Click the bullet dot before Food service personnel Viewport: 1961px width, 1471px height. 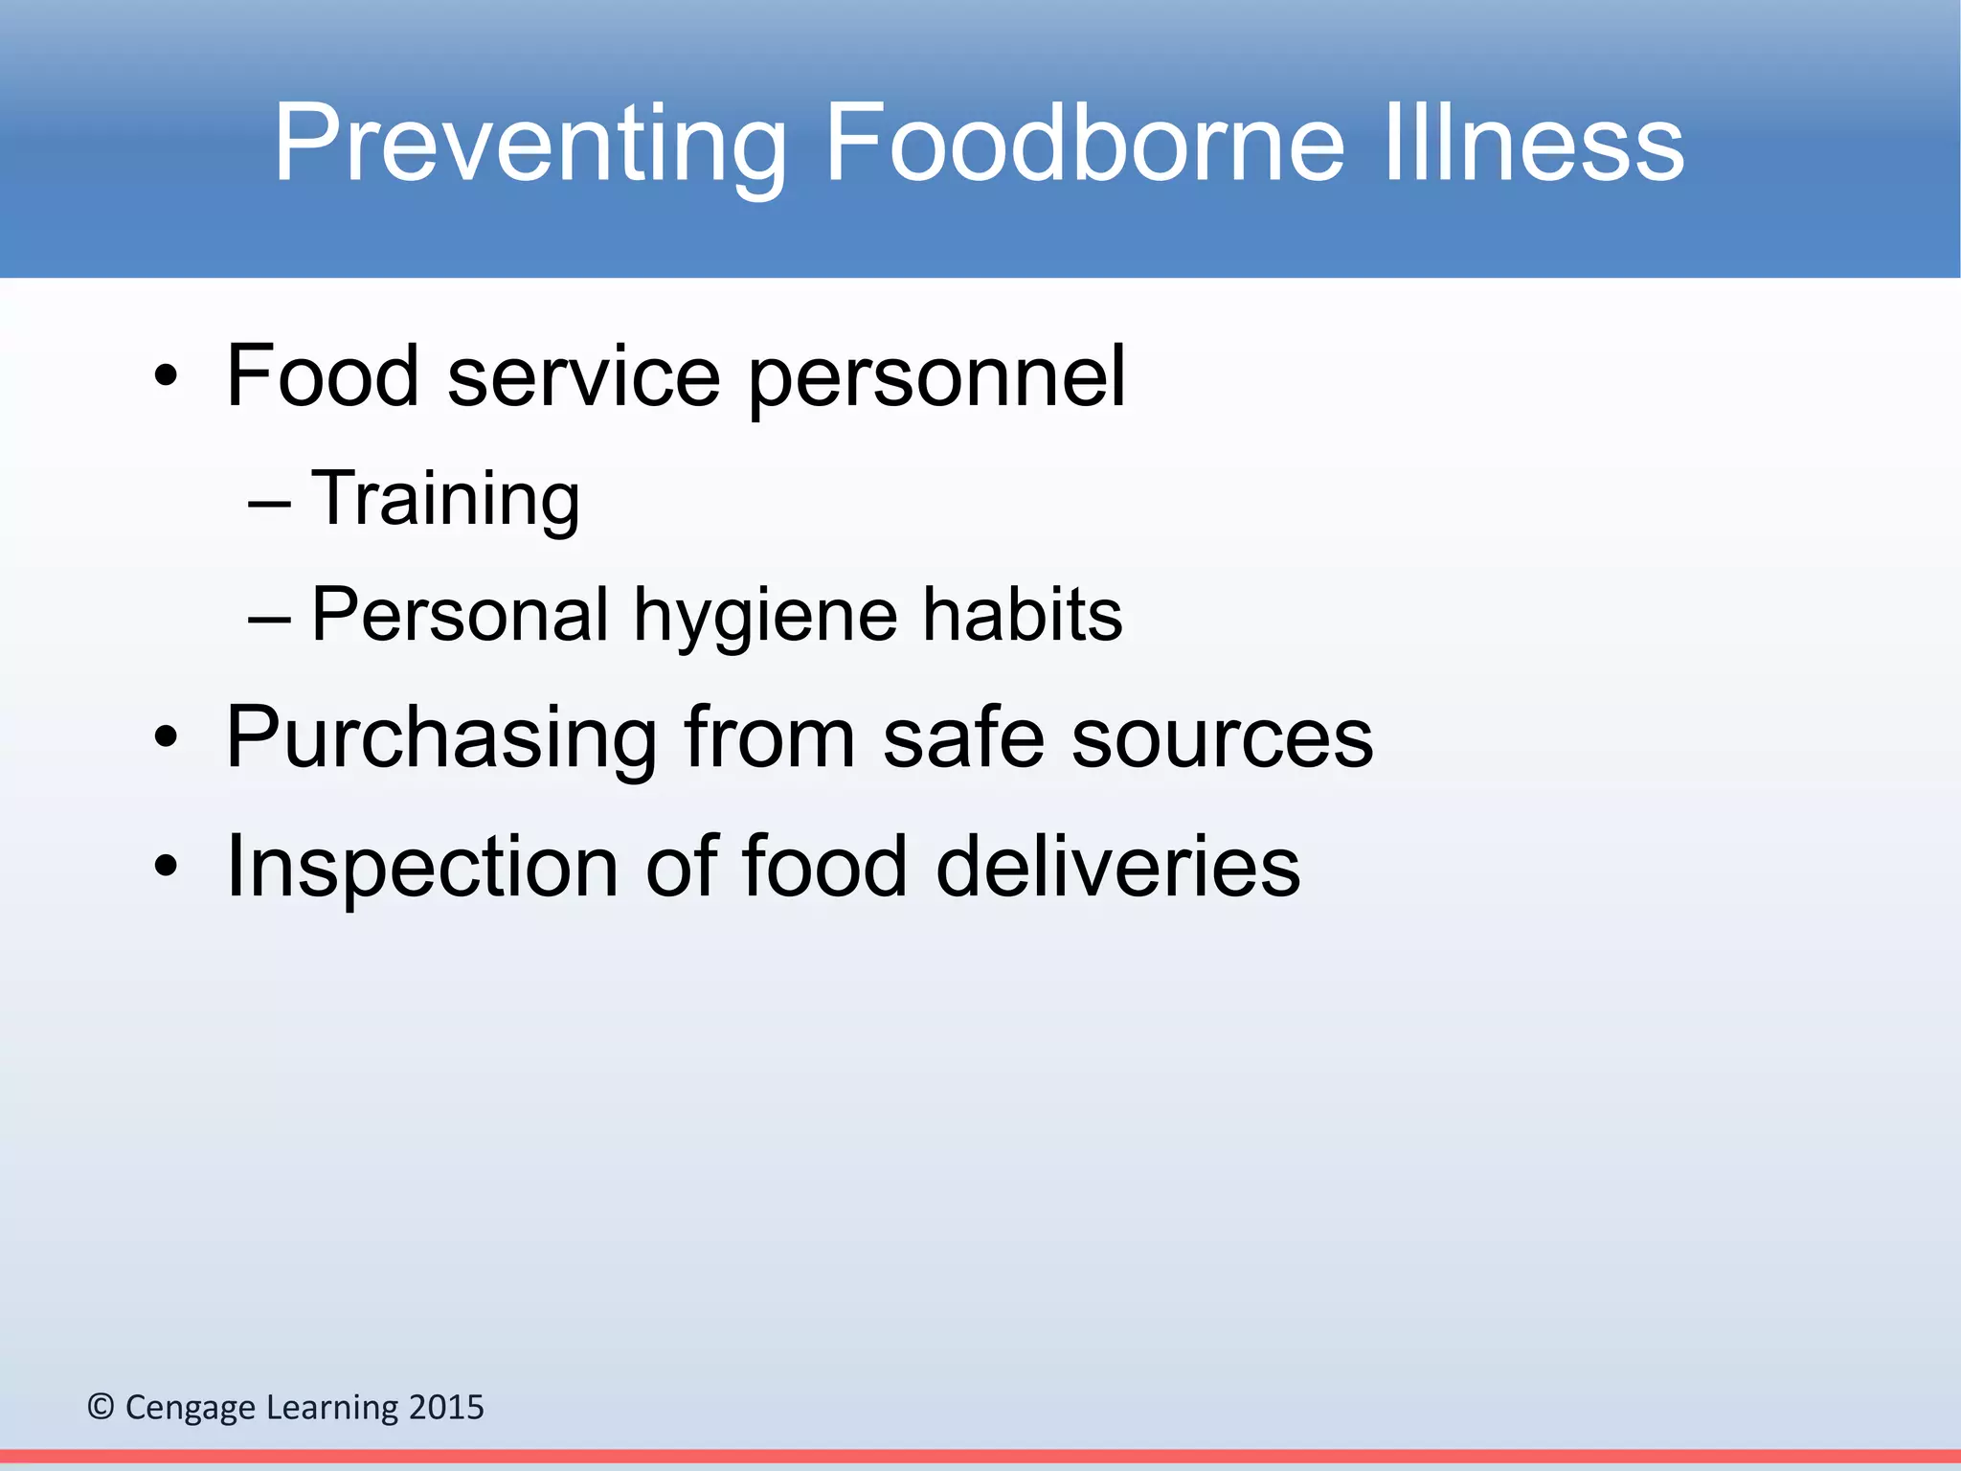(166, 378)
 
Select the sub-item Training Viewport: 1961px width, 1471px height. (445, 499)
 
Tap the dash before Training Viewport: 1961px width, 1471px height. (269, 504)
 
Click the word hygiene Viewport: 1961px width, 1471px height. (766, 616)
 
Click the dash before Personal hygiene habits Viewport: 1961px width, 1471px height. (269, 621)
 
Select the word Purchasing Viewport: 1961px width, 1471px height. (440, 738)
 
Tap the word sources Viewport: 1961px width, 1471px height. (1222, 738)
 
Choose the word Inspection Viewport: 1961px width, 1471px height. (421, 867)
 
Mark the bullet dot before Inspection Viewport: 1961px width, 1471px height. (166, 867)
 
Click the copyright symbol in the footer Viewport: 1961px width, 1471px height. (101, 1407)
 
